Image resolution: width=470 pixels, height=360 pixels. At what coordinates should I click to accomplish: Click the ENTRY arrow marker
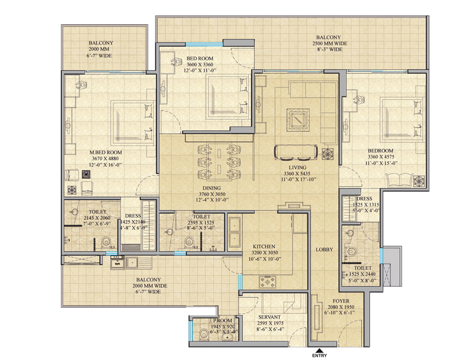319,350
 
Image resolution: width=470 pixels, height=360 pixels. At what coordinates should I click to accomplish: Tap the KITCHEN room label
264,247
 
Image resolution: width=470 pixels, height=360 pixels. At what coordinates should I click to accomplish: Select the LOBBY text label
325,249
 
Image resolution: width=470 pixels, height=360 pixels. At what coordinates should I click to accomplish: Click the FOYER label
341,301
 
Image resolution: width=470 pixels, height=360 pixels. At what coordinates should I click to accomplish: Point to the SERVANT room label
270,317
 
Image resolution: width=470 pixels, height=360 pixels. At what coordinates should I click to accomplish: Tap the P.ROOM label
223,320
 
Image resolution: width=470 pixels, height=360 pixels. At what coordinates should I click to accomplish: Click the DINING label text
212,188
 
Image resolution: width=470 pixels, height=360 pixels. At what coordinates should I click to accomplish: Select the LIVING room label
297,167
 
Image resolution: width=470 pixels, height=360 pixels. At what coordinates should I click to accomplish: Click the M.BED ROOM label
105,153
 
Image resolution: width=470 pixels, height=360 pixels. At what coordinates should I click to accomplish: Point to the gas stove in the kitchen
268,282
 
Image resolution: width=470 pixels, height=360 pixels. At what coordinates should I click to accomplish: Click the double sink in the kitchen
234,234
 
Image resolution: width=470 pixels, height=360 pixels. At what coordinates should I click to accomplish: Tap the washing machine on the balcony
118,262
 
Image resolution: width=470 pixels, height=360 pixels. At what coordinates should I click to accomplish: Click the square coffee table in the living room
298,120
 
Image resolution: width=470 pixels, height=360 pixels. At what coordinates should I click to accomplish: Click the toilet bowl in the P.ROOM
204,333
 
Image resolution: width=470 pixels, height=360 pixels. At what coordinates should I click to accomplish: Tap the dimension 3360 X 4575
381,157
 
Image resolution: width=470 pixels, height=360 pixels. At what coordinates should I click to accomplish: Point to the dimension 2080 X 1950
341,307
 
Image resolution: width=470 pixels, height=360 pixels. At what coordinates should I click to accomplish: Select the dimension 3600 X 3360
200,64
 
